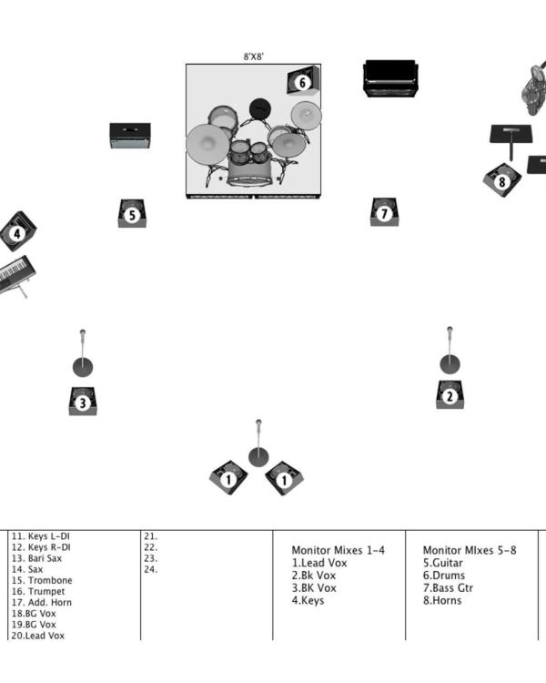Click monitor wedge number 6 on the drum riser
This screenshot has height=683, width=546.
click(302, 82)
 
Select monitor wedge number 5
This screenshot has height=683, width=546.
click(132, 214)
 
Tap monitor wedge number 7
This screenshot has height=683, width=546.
click(385, 213)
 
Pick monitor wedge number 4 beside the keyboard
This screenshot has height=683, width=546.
click(16, 232)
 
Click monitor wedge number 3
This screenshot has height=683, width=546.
click(83, 401)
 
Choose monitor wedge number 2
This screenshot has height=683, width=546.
click(450, 394)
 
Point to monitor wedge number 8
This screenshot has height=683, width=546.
click(501, 179)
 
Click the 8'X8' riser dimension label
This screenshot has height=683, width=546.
click(254, 56)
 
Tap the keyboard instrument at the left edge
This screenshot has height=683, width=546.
click(15, 274)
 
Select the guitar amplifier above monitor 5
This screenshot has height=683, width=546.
click(130, 136)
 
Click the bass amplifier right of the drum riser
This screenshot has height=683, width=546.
click(390, 78)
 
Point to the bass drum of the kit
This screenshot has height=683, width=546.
click(250, 170)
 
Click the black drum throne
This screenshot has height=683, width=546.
click(261, 108)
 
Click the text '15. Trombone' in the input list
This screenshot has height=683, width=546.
click(42, 581)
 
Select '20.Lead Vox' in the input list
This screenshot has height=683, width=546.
click(38, 636)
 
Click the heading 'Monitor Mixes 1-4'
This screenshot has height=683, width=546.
click(338, 550)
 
